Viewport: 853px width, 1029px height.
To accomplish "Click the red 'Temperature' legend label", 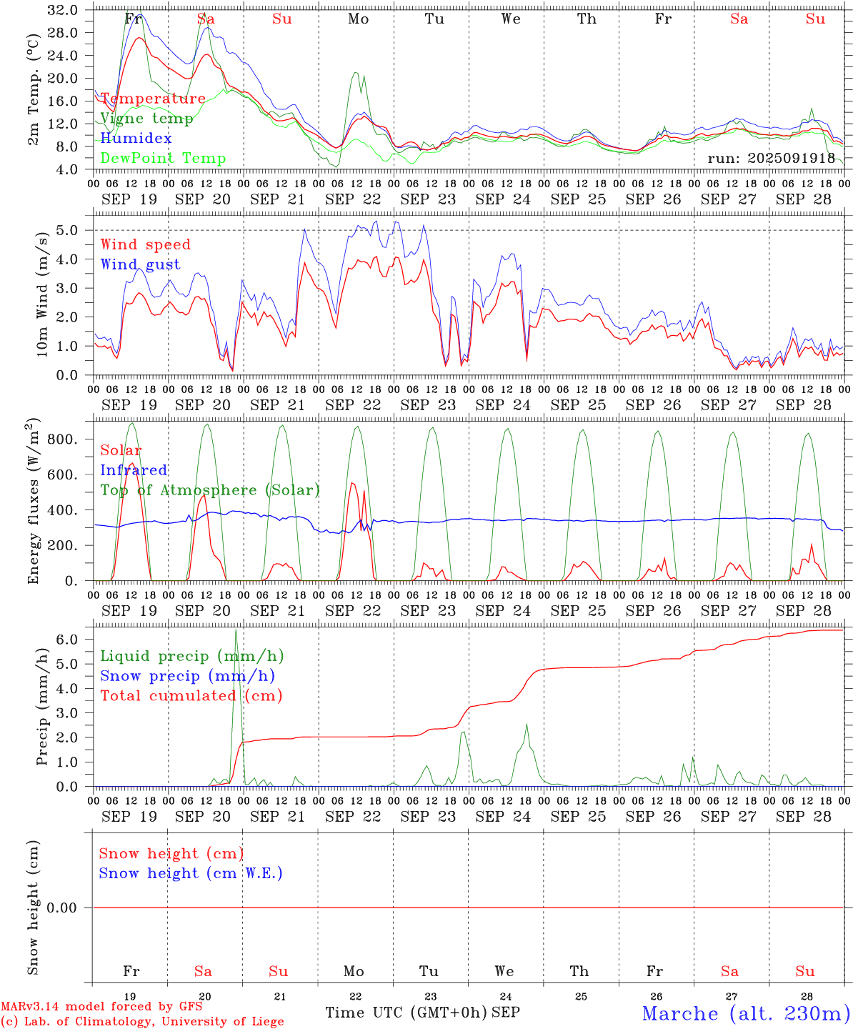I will [153, 99].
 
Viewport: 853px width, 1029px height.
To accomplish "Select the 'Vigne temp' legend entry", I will [146, 119].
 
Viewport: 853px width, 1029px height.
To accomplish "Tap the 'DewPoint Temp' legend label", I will [163, 159].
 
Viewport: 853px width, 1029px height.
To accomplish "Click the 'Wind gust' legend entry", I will [140, 264].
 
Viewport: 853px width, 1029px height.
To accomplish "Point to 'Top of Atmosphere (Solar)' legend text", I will [210, 490].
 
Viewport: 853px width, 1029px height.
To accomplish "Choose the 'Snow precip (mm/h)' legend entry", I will [187, 676].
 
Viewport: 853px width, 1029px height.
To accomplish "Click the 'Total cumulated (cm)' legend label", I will [191, 696].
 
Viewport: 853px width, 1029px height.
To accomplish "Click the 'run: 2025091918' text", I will [772, 159].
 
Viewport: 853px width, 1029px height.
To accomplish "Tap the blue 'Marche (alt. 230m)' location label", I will [746, 1013].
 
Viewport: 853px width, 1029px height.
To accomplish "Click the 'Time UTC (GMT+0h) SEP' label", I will [422, 1013].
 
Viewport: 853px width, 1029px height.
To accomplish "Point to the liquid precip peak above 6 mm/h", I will [236, 630].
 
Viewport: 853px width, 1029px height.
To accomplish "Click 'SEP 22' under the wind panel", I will [353, 405].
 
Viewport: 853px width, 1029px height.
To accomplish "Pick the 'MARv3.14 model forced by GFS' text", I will [101, 1007].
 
